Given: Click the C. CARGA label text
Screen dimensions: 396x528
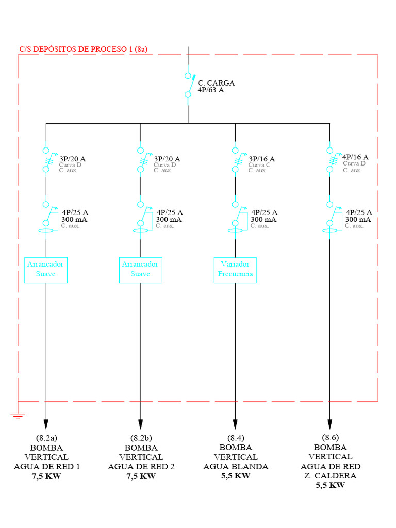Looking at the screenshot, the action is click(x=216, y=83).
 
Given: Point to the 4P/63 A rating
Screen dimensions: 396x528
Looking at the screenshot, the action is click(x=211, y=90).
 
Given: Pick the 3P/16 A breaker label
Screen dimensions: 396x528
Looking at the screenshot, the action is click(x=261, y=159).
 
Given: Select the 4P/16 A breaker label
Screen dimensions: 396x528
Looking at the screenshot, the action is click(x=355, y=157).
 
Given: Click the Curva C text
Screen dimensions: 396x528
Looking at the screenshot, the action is click(x=259, y=165).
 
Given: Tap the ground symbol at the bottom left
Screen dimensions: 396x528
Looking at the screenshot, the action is click(x=18, y=416).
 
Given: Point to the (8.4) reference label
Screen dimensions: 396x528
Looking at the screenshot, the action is click(x=236, y=438).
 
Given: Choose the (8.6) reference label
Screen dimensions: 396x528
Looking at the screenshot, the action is click(x=331, y=437).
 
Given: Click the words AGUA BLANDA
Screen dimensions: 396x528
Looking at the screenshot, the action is click(x=236, y=466).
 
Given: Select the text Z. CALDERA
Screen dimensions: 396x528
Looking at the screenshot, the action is click(x=331, y=476).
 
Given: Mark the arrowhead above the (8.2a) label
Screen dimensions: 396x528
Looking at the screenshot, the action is click(x=46, y=424).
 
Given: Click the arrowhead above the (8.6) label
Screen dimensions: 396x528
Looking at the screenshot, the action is click(x=330, y=424).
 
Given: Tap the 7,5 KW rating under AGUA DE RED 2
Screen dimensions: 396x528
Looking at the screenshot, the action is click(x=141, y=476).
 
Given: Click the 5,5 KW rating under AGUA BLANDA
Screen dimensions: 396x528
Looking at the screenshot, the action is click(x=236, y=476).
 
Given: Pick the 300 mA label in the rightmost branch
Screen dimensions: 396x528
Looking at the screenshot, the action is click(x=358, y=220).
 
